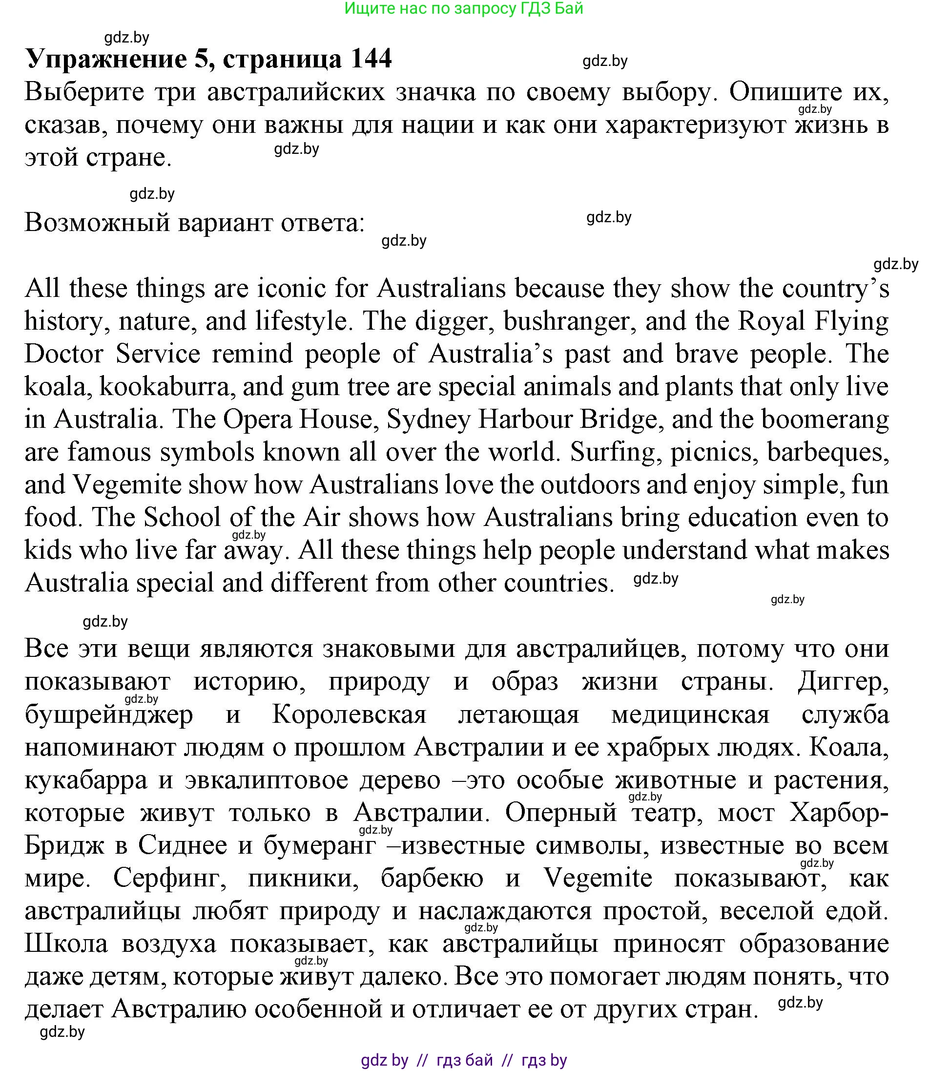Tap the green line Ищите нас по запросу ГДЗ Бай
click(464, 8)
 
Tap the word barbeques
click(827, 452)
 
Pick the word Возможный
click(98, 223)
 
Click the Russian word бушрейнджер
click(109, 715)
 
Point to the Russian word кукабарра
click(86, 780)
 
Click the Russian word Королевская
click(349, 715)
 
